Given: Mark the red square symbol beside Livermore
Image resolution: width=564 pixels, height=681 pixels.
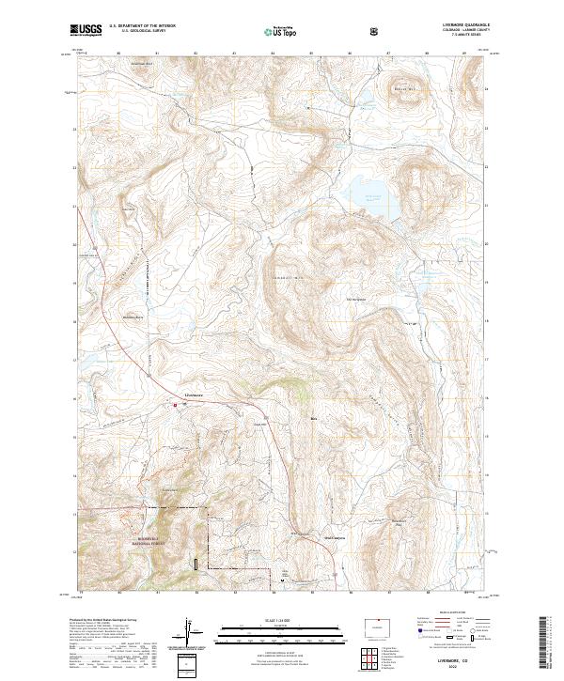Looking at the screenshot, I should pos(174,405).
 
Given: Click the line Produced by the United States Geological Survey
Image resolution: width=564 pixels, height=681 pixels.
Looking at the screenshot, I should pos(105,622).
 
